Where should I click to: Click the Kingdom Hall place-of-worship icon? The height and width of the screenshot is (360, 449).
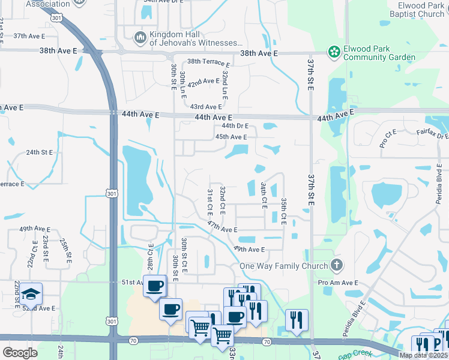pyautogui.click(x=140, y=38)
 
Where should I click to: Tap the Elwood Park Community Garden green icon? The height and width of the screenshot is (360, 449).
pyautogui.click(x=333, y=53)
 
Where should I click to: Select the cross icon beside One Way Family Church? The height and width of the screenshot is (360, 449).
pyautogui.click(x=337, y=265)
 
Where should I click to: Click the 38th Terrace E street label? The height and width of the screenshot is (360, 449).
pyautogui.click(x=208, y=62)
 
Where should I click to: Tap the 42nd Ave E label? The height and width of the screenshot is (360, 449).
pyautogui.click(x=203, y=82)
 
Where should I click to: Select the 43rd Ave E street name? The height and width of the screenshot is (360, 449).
pyautogui.click(x=205, y=107)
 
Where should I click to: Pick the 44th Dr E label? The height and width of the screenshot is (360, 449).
pyautogui.click(x=235, y=126)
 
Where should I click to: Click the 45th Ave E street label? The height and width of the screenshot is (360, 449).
pyautogui.click(x=231, y=137)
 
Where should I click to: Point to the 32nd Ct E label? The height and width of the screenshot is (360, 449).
pyautogui.click(x=222, y=200)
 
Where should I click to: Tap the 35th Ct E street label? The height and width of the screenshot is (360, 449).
pyautogui.click(x=284, y=207)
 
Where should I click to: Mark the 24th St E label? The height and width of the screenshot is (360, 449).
pyautogui.click(x=41, y=152)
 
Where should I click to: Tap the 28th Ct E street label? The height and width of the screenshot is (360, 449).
pyautogui.click(x=151, y=255)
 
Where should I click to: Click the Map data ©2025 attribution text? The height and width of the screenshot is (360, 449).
pyautogui.click(x=423, y=355)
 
